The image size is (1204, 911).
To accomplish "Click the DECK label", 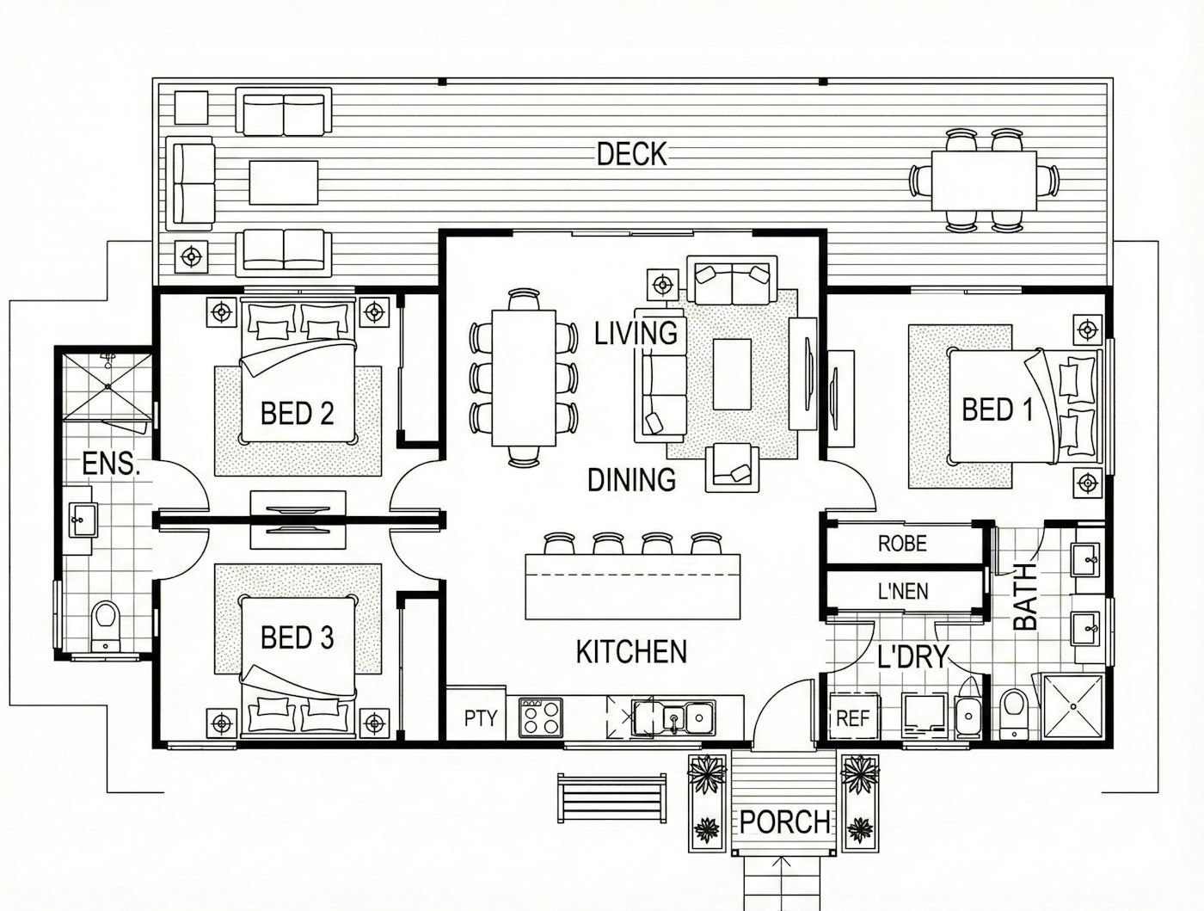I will (631, 155).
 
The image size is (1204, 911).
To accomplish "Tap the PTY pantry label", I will (480, 717).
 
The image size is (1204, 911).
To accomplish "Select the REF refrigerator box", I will (852, 717).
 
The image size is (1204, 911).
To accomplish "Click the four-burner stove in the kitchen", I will (540, 717).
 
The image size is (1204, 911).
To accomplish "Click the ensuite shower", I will (107, 385).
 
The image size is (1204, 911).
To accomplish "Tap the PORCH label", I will (784, 822).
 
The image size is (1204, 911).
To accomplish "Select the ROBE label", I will (902, 544).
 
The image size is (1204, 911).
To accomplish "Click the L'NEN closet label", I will (902, 591).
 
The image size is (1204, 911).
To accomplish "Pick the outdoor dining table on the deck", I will (984, 180).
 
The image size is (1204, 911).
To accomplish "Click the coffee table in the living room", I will (732, 374).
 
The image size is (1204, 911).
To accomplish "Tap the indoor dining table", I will (524, 378).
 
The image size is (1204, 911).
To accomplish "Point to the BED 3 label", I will (297, 637).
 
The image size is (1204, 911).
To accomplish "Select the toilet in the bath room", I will (1015, 711).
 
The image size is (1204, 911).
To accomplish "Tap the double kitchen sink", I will (674, 717).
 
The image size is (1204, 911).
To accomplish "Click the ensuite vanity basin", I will (83, 520).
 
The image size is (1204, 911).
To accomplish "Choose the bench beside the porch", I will (611, 798).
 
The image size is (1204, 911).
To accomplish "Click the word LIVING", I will (636, 333).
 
